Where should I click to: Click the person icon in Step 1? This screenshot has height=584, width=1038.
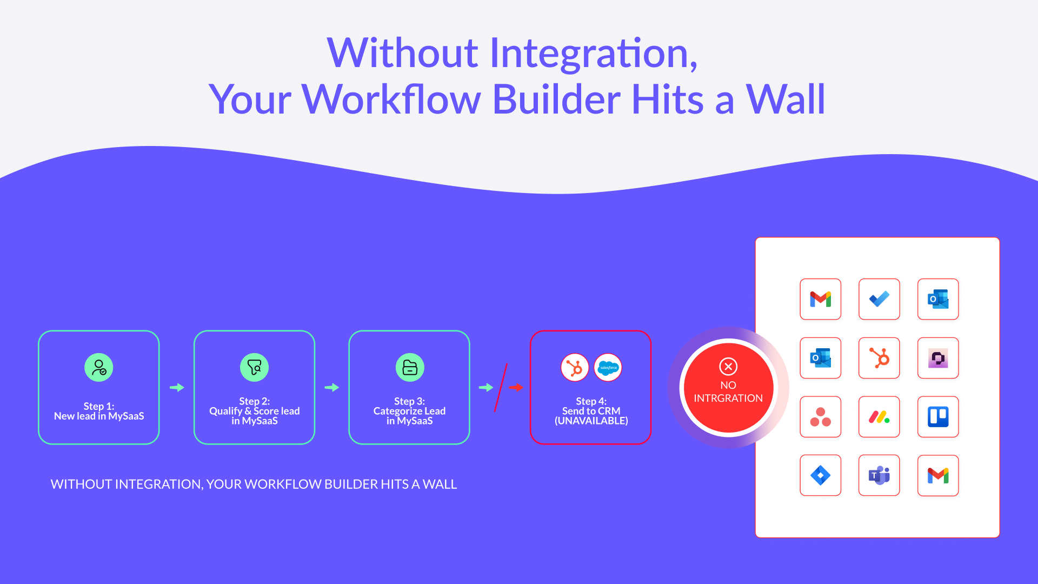coord(99,368)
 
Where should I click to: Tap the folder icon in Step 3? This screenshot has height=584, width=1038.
coord(410,368)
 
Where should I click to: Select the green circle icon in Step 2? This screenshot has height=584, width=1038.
coord(254,368)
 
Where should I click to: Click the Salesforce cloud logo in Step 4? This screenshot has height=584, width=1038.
coord(608,368)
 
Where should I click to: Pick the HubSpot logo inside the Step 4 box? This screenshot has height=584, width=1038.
coord(575,368)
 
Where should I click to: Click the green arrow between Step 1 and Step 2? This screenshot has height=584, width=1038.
coord(177,388)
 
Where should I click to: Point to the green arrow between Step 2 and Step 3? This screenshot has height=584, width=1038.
coord(332,388)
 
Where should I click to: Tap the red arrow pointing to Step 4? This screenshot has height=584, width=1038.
coord(516,388)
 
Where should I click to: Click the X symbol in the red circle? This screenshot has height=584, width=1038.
coord(728,367)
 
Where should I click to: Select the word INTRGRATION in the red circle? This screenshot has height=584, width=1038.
coord(728,399)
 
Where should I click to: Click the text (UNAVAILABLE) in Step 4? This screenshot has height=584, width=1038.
coord(591,421)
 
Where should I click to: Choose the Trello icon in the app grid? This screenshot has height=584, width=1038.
coord(938,417)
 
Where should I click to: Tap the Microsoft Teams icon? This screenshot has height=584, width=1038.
coord(879,476)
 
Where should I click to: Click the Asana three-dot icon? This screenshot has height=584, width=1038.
coord(821,417)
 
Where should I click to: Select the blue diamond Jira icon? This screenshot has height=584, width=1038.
coord(821,476)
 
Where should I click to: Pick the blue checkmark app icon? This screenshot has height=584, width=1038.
coord(879,299)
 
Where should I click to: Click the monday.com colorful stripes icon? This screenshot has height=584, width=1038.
coord(879,417)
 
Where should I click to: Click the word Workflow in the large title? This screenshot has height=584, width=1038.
coord(391,99)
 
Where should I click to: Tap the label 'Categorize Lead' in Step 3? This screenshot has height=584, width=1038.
coord(409,411)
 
